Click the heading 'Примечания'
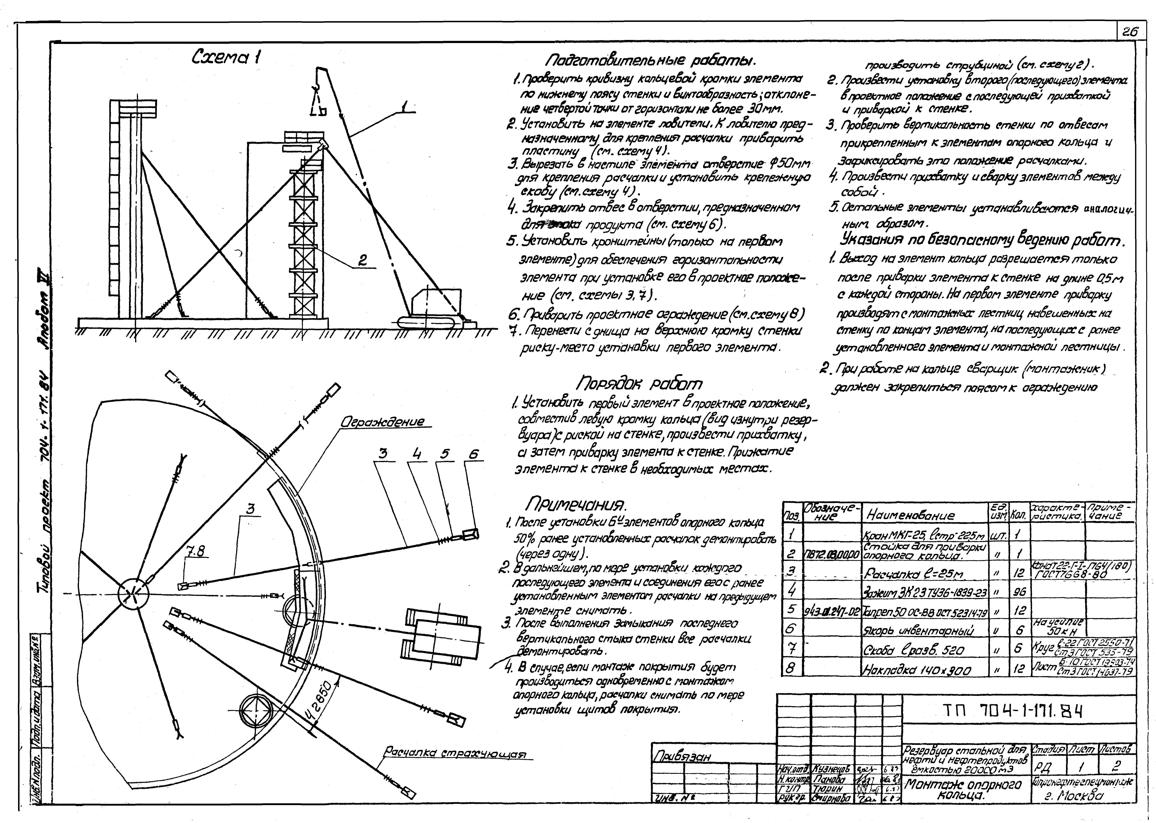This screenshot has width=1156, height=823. point(576,504)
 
